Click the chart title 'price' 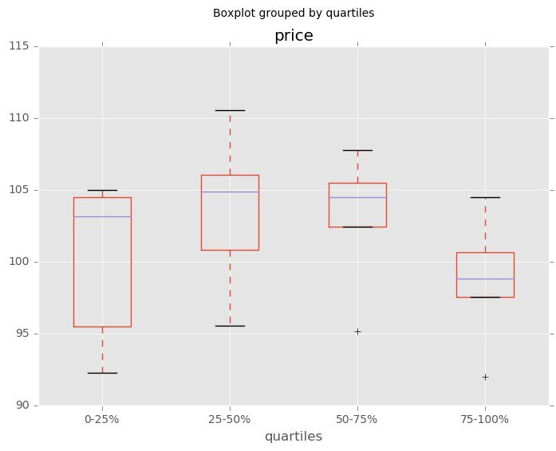[x=294, y=36]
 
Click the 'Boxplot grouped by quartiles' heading [x=294, y=14]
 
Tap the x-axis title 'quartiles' [x=294, y=437]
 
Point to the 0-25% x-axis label [x=102, y=419]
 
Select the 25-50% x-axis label [x=230, y=419]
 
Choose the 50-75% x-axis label [x=357, y=419]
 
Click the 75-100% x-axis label [x=485, y=419]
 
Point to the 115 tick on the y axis [x=19, y=46]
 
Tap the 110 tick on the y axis [x=19, y=118]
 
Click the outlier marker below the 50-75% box [x=357, y=331]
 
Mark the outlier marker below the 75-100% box [x=485, y=377]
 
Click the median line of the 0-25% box [x=102, y=216]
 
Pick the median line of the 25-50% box [x=230, y=192]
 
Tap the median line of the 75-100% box [x=485, y=279]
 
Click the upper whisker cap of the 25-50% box [x=230, y=110]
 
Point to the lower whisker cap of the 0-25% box [x=102, y=373]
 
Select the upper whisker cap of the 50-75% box [x=357, y=150]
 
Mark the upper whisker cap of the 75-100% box [x=485, y=197]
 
